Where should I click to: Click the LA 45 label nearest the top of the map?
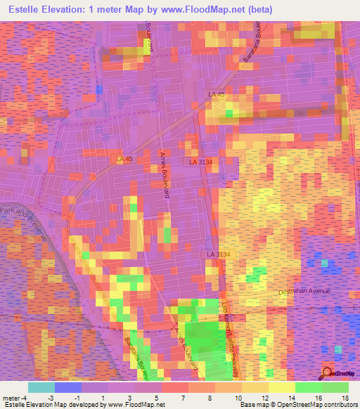[217, 93]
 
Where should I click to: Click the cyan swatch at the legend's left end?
[41, 387]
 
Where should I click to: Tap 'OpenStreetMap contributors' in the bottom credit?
[321, 405]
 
